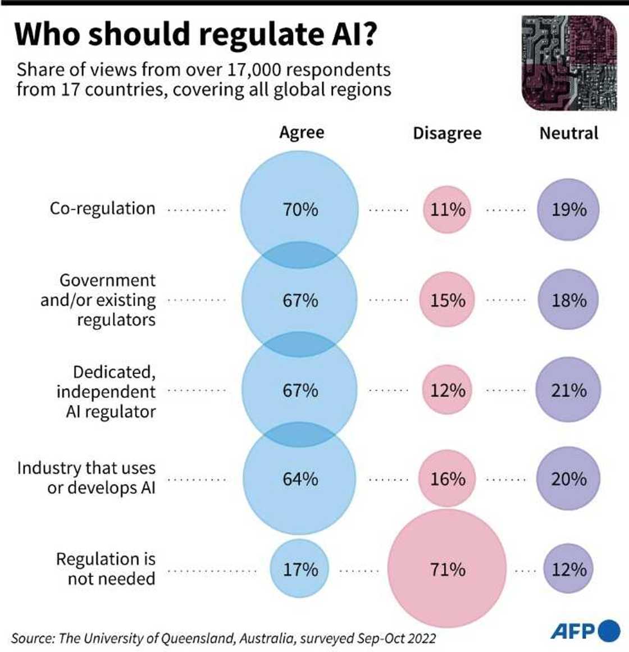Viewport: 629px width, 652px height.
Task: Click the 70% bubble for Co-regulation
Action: click(299, 209)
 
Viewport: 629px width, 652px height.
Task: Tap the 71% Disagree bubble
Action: click(447, 569)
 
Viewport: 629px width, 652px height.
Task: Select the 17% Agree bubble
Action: click(299, 569)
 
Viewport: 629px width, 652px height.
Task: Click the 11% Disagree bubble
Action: click(447, 209)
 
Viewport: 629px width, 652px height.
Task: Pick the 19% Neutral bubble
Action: click(568, 209)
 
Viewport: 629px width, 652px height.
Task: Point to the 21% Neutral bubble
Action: click(568, 390)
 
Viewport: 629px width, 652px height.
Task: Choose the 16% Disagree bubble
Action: click(447, 479)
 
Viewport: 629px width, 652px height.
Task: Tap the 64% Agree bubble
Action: click(299, 479)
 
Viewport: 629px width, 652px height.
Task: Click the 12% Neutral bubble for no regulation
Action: click(568, 569)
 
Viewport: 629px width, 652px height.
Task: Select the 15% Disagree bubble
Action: click(447, 300)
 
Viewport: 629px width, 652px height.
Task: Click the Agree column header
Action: click(302, 133)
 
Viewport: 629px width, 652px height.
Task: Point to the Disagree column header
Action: click(447, 133)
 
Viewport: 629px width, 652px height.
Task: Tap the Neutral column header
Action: click(568, 133)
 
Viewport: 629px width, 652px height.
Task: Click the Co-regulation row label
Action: click(102, 208)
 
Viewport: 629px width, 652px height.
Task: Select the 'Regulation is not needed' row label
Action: click(106, 568)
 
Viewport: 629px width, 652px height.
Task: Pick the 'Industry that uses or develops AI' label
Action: click(86, 477)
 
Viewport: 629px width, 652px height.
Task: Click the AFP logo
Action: click(584, 631)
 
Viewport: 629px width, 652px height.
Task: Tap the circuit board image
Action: click(569, 62)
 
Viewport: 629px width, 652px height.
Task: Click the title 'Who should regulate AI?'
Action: click(195, 34)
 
